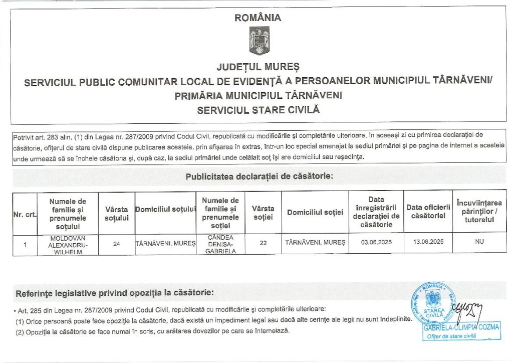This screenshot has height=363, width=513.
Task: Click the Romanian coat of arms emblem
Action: click(259, 41)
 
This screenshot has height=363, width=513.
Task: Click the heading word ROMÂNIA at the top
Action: click(258, 18)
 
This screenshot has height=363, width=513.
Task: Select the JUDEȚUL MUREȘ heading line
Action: click(258, 66)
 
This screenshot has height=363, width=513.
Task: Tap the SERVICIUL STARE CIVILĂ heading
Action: click(258, 109)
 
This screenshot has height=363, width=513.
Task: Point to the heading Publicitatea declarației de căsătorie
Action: click(259, 176)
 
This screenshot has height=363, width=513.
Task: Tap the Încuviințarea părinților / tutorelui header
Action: click(479, 211)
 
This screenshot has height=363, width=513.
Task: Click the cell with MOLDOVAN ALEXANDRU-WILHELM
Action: click(68, 245)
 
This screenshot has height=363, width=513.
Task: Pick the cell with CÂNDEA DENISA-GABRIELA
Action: click(220, 244)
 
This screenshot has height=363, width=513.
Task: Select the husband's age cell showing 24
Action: click(117, 244)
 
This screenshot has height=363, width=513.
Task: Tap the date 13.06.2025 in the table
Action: click(426, 242)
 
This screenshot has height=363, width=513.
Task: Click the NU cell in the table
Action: click(479, 241)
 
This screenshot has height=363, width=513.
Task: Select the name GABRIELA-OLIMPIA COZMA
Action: click(461, 327)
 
